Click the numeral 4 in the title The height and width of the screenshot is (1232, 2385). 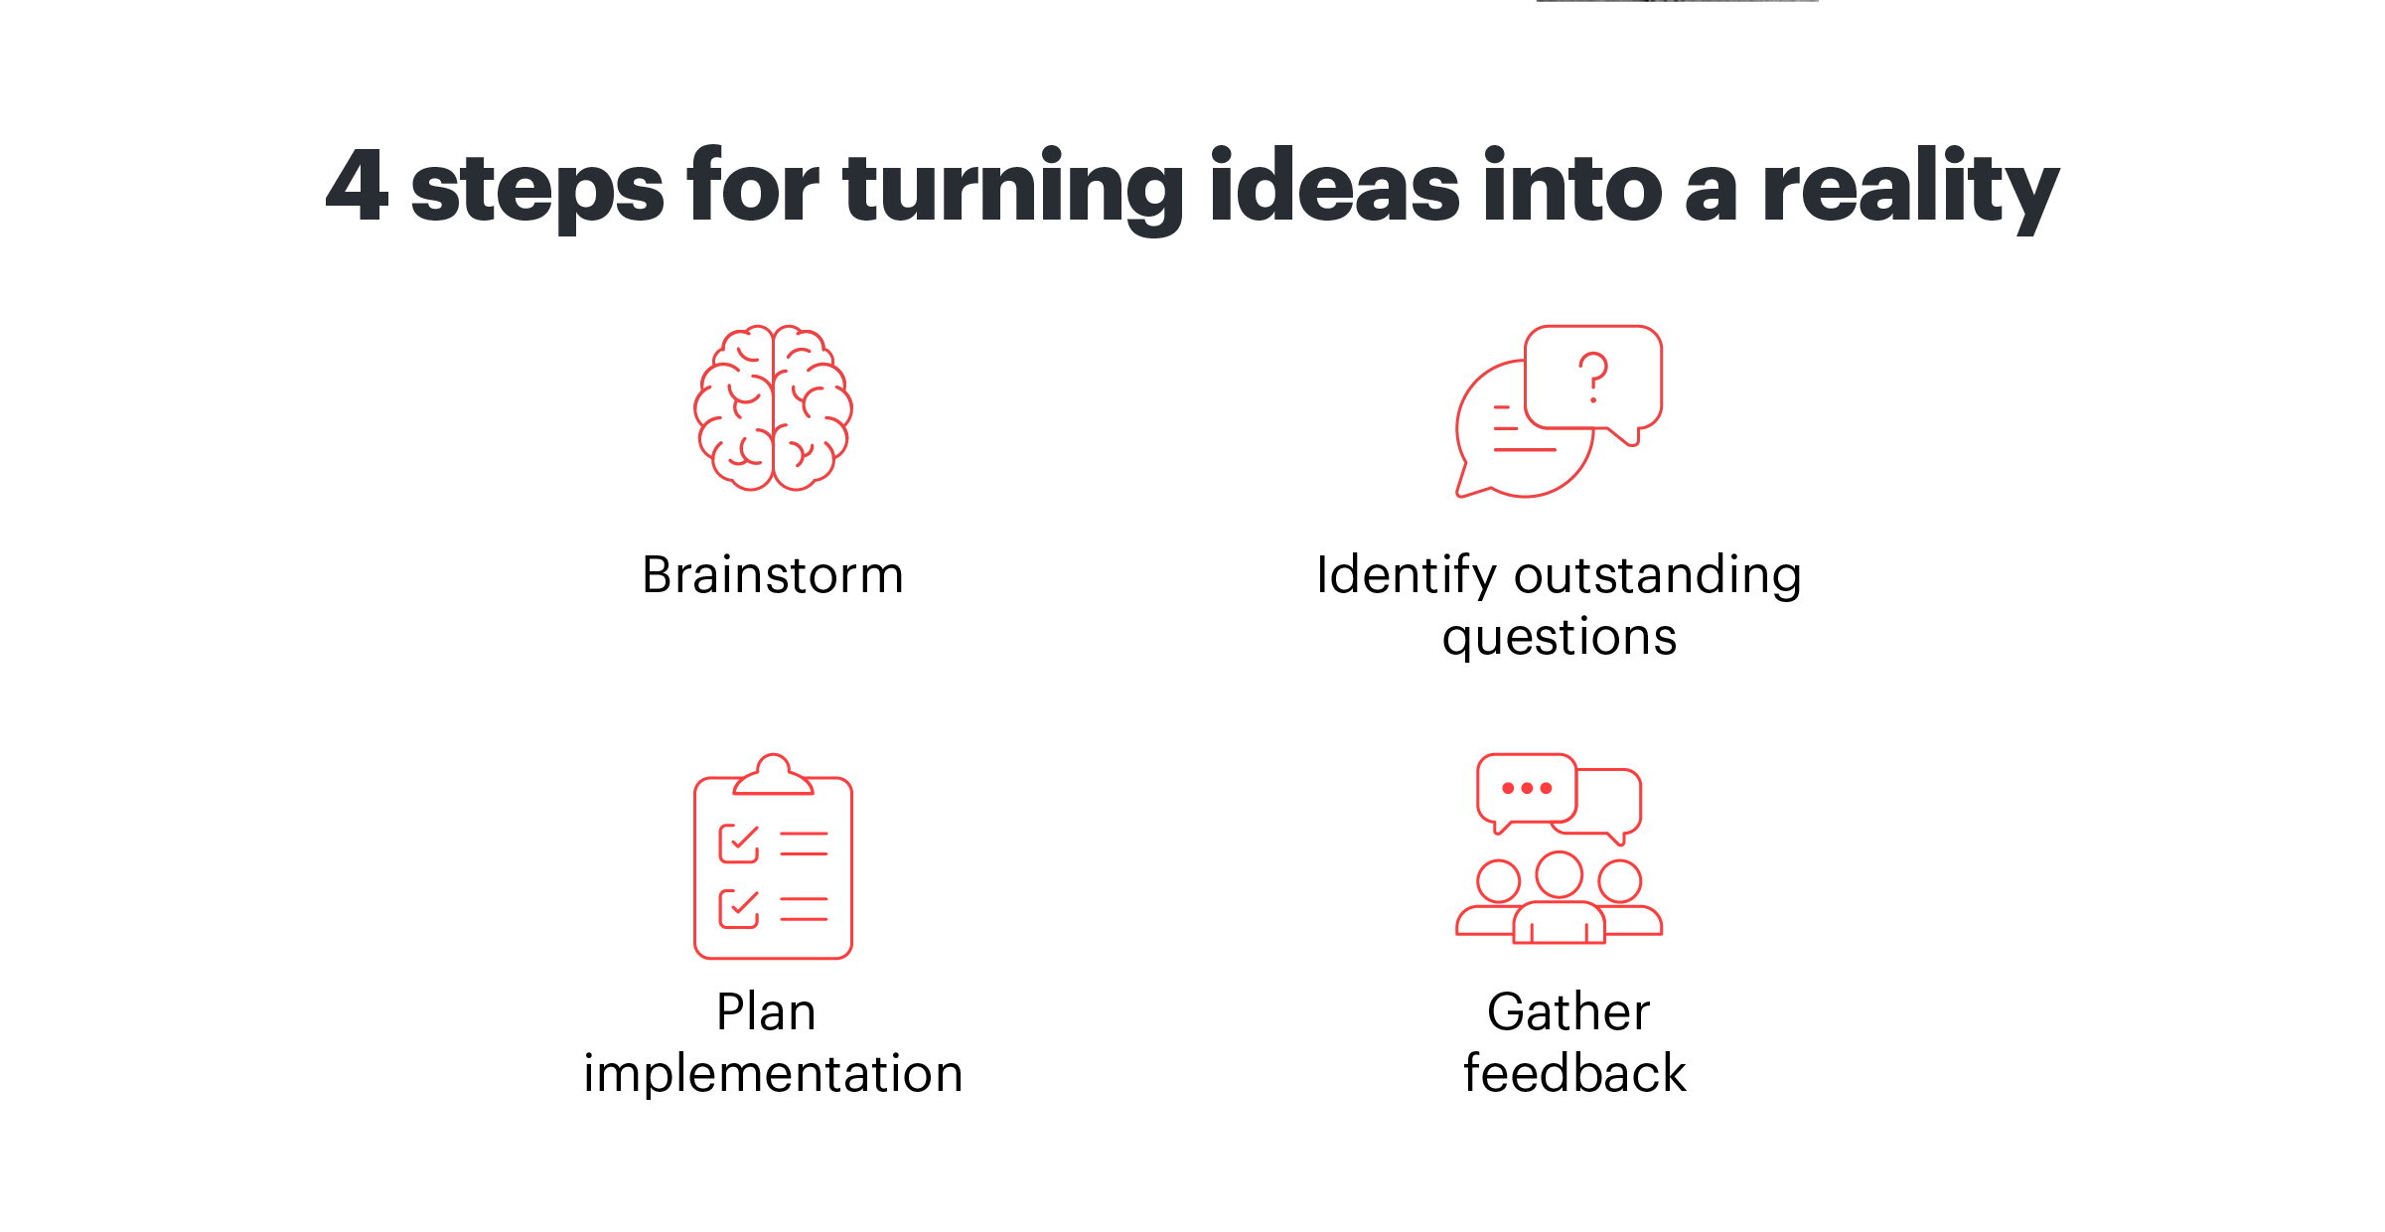357,185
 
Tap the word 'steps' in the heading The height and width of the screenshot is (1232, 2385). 537,189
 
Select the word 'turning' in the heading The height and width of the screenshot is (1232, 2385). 1013,189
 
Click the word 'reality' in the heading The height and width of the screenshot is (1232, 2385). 1910,189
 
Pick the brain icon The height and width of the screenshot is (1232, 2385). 773,408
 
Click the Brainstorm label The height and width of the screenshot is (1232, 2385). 773,574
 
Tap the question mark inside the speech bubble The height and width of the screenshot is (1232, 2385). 1593,378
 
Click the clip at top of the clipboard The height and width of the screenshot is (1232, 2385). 773,775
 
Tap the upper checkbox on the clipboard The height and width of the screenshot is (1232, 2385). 739,844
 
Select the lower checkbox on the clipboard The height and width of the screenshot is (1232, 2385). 739,908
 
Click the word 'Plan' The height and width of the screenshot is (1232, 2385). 767,1012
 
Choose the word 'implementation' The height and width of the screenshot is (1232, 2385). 773,1074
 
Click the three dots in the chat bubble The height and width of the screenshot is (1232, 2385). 1527,788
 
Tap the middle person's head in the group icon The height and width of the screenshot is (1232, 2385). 1559,874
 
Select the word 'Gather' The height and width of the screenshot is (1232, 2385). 1568,1012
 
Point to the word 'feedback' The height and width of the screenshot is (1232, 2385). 1574,1073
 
